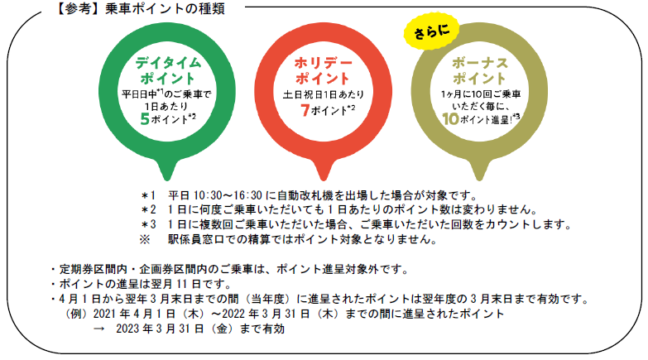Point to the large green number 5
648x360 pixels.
(x=144, y=118)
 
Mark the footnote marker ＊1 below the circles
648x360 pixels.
(x=148, y=195)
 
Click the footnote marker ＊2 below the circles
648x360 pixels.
(x=148, y=210)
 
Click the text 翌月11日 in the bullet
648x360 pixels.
(x=177, y=285)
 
